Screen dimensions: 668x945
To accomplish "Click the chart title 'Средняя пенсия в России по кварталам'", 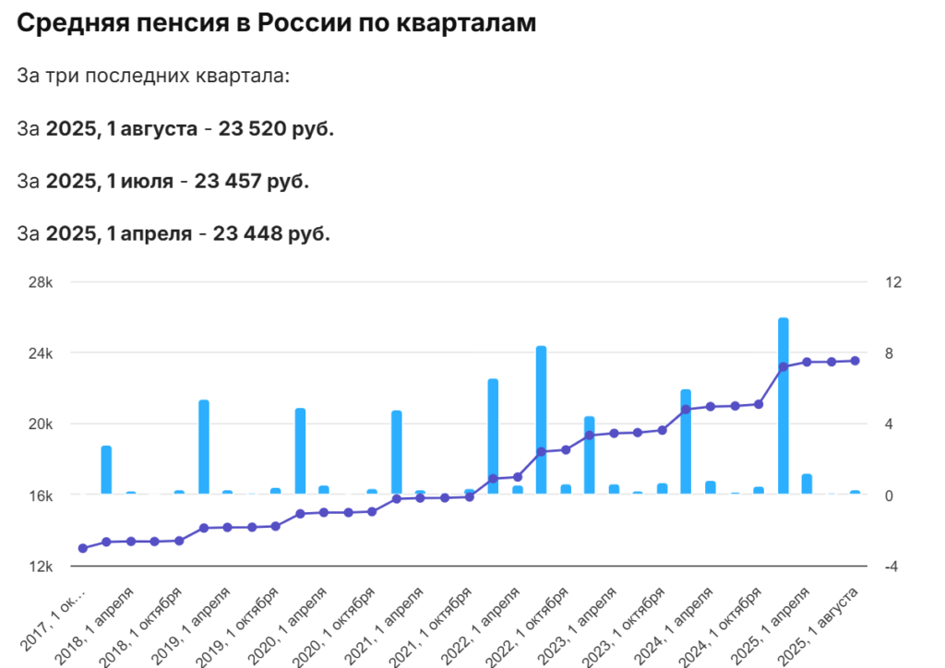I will click(276, 25).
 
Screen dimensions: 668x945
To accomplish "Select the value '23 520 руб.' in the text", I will click(276, 128).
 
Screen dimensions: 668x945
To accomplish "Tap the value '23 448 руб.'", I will click(271, 233).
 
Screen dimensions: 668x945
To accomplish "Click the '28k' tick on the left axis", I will click(41, 282).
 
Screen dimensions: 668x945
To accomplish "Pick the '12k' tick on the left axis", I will click(41, 567).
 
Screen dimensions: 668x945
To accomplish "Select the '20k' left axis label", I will click(41, 424).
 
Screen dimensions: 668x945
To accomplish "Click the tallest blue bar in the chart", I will click(783, 406).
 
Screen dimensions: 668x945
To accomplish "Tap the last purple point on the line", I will click(855, 361).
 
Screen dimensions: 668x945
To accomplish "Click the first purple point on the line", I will click(83, 548).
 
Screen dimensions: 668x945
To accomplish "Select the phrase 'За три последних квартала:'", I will click(153, 76).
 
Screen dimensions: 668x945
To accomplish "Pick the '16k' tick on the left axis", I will click(41, 495).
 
